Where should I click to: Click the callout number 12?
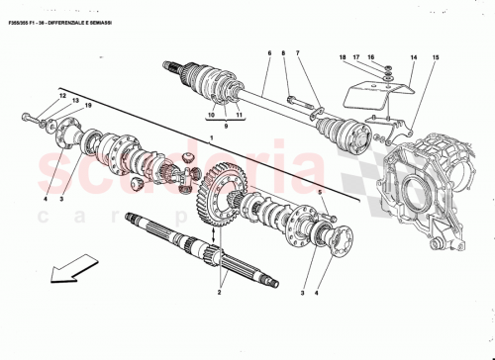pyautogui.click(x=62, y=95)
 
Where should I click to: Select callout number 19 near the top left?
pyautogui.click(x=88, y=105)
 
